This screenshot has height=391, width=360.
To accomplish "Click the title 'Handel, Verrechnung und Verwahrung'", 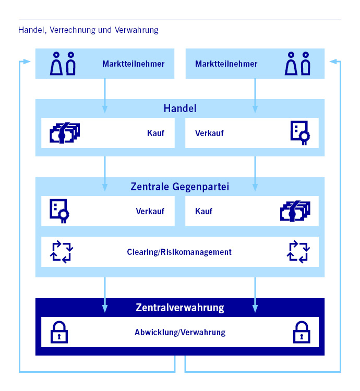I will pos(88,30).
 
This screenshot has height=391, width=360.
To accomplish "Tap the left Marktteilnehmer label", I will pos(133,64).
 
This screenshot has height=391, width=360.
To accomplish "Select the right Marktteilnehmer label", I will pos(226,64).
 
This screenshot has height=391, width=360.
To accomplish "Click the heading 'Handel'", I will pos(179,109).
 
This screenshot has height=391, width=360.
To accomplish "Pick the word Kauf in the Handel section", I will pos(155,133).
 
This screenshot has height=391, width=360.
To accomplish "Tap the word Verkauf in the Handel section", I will pos(209,133).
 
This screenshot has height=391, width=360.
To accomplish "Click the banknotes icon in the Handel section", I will pos(65,133).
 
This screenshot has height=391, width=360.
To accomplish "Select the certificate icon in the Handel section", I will pos(299,133).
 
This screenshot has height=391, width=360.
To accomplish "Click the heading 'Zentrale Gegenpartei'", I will pos(179,186).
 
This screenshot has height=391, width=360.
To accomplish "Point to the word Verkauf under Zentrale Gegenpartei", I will pos(150,212).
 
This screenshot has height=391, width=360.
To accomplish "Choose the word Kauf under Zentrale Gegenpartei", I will pos(203,212).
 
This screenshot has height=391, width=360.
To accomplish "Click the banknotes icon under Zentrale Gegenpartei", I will pos(295,211).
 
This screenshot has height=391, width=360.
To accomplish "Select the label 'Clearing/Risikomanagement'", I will pos(179,252).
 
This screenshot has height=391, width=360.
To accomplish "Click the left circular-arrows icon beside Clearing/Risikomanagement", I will pos(62,251).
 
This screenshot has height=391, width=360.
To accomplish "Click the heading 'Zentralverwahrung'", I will pos(179,308).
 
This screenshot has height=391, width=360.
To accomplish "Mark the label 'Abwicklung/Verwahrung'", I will pos(179,332).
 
